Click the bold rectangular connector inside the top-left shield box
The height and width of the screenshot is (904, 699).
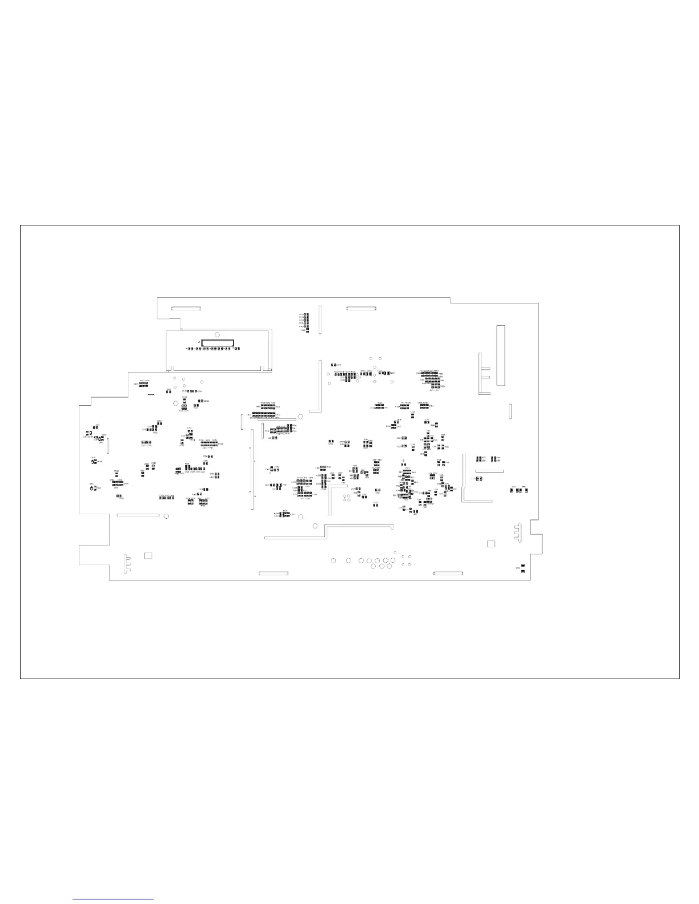217,342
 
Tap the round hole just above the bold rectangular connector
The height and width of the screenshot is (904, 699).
217,334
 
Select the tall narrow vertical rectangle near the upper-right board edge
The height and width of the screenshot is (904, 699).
500,355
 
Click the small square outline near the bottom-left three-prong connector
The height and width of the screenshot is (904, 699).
148,555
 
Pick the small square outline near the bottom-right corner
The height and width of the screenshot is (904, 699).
491,544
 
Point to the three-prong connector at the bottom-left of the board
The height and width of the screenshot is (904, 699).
127,562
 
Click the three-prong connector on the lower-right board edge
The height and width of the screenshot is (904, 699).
517,531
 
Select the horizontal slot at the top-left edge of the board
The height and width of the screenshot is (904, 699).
186,308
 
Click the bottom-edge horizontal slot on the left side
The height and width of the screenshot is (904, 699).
274,573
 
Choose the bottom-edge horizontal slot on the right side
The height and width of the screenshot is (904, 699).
448,573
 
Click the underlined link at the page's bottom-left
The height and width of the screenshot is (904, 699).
114,899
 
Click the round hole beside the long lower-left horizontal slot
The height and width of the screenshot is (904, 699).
166,516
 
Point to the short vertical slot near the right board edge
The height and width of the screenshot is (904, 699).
511,410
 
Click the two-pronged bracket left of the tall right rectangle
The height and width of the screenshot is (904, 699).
484,374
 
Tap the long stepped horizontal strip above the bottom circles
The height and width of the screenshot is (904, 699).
328,532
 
